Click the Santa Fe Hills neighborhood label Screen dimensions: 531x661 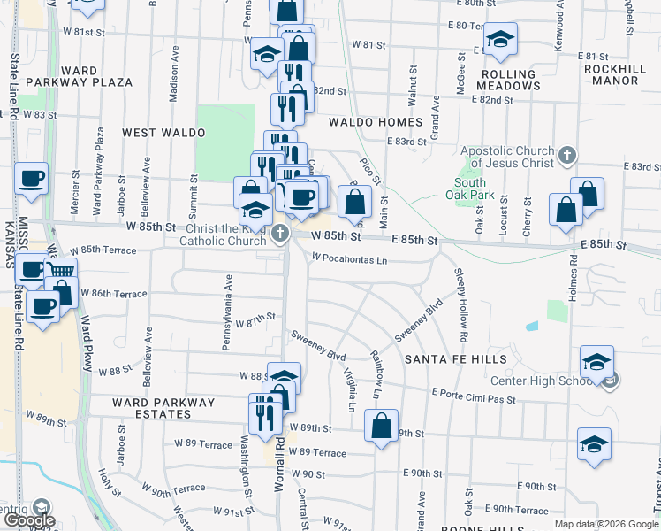[x=456, y=359]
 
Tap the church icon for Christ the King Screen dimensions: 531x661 [x=280, y=234]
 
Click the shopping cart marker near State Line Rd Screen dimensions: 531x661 [x=61, y=271]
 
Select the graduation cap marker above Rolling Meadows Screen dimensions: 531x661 [x=500, y=38]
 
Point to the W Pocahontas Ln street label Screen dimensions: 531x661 [x=349, y=259]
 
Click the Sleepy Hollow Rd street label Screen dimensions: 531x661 [x=460, y=305]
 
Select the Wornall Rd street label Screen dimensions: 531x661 [x=280, y=451]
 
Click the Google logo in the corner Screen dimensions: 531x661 [x=29, y=520]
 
